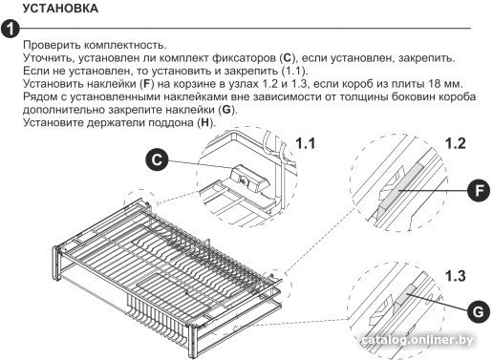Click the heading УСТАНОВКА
(60, 9)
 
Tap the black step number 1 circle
(11, 29)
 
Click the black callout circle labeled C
(157, 159)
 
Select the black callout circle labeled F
(479, 191)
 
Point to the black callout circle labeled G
(479, 311)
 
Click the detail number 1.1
(306, 143)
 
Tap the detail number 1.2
(455, 143)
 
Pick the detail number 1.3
(455, 276)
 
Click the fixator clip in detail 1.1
(249, 180)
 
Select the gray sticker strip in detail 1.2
(402, 185)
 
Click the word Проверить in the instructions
(52, 45)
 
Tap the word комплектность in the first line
(125, 45)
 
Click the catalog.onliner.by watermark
(418, 340)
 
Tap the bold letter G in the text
(225, 110)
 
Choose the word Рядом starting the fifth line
(40, 96)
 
